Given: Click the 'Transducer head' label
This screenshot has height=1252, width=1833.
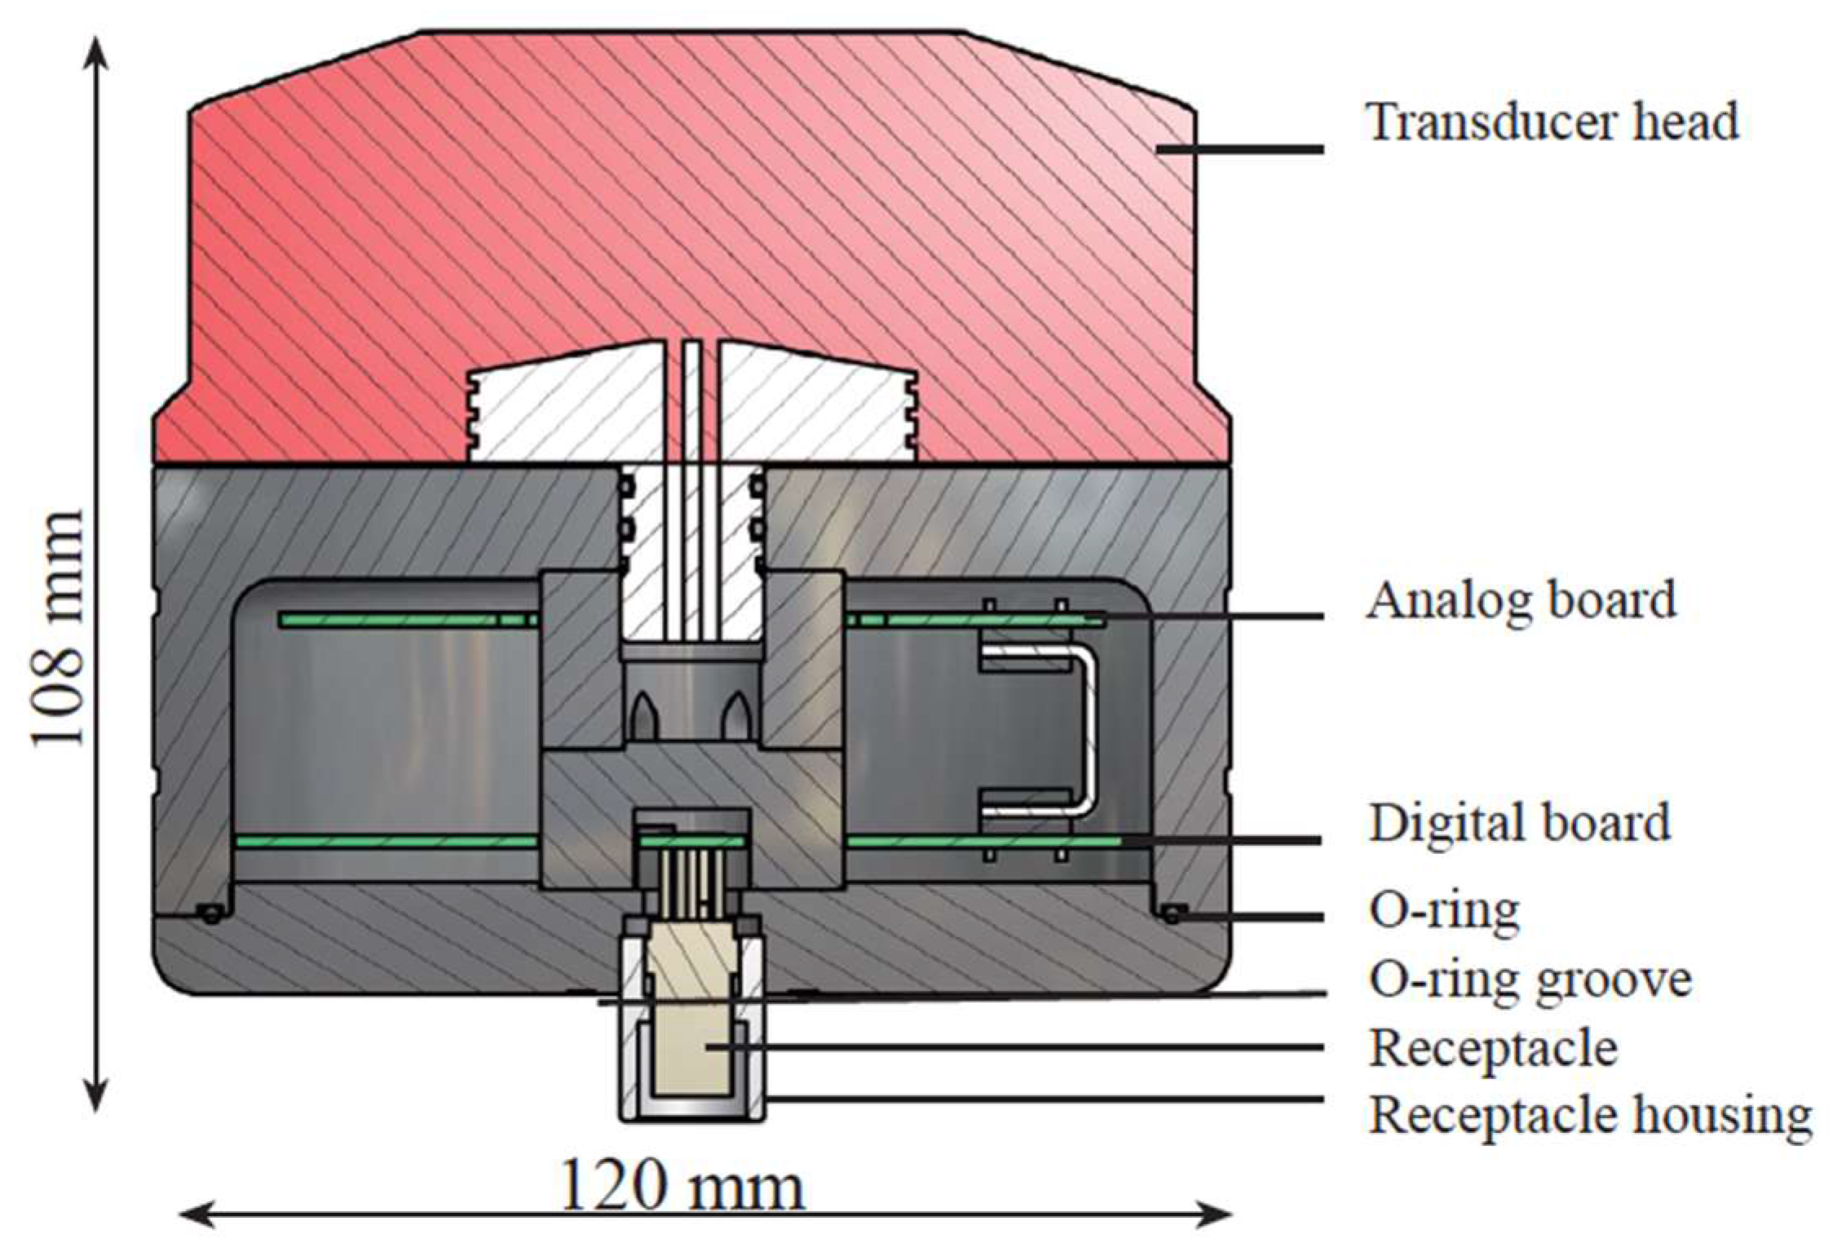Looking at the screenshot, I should tap(1553, 122).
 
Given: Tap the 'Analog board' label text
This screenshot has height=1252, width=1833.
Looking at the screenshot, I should tap(1521, 600).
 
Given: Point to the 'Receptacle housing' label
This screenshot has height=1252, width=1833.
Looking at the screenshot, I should tap(1590, 1114).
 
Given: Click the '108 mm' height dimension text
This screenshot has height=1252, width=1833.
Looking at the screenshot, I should tap(59, 628).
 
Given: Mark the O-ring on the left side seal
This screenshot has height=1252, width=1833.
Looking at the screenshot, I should tap(211, 915).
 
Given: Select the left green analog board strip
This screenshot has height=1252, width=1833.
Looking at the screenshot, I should tap(408, 621).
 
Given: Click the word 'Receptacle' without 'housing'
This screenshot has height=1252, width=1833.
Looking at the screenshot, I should tap(1493, 1048).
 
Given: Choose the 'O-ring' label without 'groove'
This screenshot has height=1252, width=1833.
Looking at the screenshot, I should tap(1444, 910).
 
